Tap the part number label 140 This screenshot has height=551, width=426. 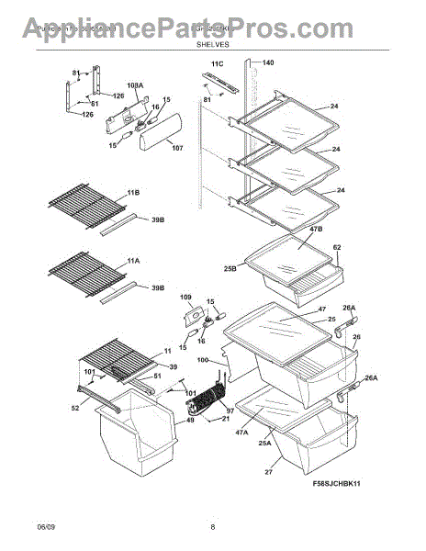click(268, 63)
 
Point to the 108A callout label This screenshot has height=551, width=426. click(135, 85)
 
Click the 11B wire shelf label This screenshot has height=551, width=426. click(134, 192)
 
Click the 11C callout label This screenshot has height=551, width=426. click(217, 63)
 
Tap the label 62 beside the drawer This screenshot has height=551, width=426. click(337, 247)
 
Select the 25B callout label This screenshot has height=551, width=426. click(230, 268)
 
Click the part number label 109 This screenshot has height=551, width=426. click(185, 298)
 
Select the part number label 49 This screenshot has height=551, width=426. click(190, 421)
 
